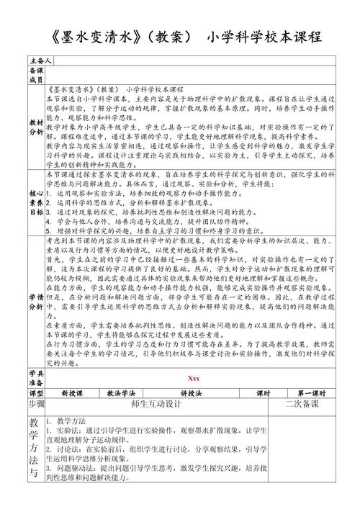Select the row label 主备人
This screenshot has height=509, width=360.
coord(36,62)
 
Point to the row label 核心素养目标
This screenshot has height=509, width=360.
coord(36,202)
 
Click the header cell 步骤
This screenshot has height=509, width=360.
coord(36,405)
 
